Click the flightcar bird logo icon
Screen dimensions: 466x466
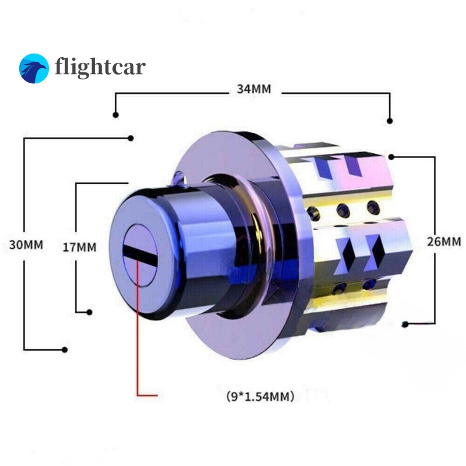pyautogui.click(x=34, y=68)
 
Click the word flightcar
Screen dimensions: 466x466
pyautogui.click(x=100, y=67)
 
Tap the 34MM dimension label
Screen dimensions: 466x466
pyautogui.click(x=254, y=89)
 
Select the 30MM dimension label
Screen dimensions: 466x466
pyautogui.click(x=26, y=245)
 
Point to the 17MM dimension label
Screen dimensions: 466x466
pyautogui.click(x=80, y=247)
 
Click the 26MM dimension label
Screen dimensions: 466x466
pyautogui.click(x=444, y=242)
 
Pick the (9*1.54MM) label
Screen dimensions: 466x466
pyautogui.click(x=260, y=396)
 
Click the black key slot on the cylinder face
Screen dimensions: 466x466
pyautogui.click(x=140, y=256)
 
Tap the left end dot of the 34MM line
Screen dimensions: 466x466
pyautogui.click(x=115, y=115)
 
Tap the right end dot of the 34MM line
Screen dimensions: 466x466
pyautogui.click(x=390, y=121)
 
